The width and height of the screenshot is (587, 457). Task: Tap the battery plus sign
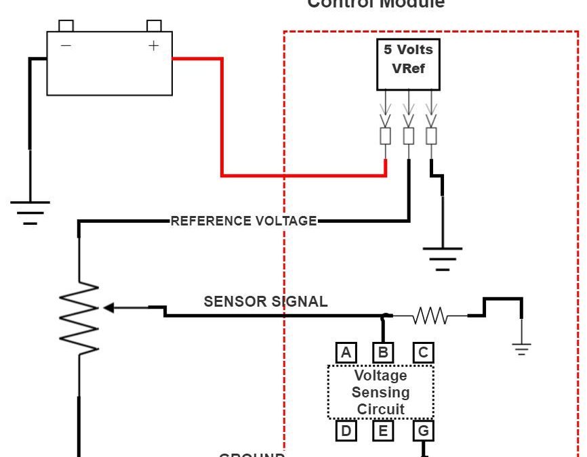click(x=154, y=45)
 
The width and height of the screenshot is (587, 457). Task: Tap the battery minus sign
click(x=66, y=45)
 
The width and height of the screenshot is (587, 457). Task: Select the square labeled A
click(x=346, y=352)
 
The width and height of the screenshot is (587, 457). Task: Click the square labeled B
click(x=383, y=352)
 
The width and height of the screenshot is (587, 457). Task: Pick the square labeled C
click(x=423, y=352)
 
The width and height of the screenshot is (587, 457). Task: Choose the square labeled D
click(x=346, y=431)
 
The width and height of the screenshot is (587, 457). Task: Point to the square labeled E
click(x=383, y=431)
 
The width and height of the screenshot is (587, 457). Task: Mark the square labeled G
click(x=423, y=431)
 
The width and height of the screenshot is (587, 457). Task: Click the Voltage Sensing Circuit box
click(x=380, y=392)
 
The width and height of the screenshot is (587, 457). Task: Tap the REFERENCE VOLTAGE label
click(x=243, y=221)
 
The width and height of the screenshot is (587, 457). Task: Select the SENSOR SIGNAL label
click(x=265, y=302)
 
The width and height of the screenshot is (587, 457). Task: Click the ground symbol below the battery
click(x=30, y=211)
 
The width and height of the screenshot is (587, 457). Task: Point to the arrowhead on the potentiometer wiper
click(x=108, y=308)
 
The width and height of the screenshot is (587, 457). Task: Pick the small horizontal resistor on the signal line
click(x=430, y=315)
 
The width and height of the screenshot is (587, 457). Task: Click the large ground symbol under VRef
click(x=443, y=259)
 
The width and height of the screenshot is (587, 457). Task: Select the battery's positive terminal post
click(x=154, y=26)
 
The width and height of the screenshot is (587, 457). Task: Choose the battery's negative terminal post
click(x=66, y=26)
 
